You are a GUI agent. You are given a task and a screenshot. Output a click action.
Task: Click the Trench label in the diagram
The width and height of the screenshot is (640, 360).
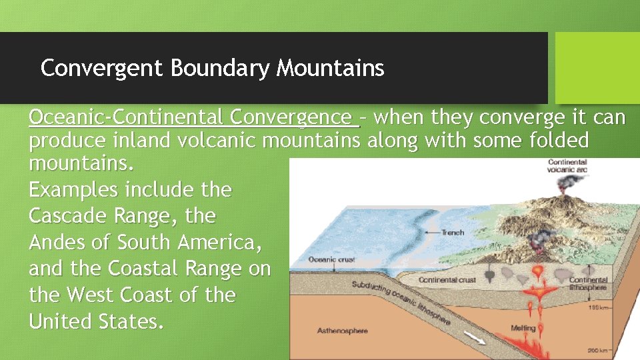pos(453,233)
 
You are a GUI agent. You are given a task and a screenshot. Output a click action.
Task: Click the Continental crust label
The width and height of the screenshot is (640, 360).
pos(447,280)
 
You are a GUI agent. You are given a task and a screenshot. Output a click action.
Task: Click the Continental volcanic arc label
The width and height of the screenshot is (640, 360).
pos(567,165)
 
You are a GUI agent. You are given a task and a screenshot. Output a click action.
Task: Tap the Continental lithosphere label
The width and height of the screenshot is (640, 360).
pos(587,284)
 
